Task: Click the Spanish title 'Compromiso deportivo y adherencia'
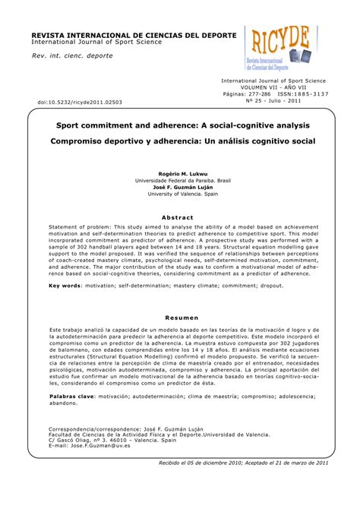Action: coord(180,141)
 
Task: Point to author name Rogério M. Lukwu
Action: coord(180,173)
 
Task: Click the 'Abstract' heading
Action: coord(180,216)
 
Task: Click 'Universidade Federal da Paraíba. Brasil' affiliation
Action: coord(180,180)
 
